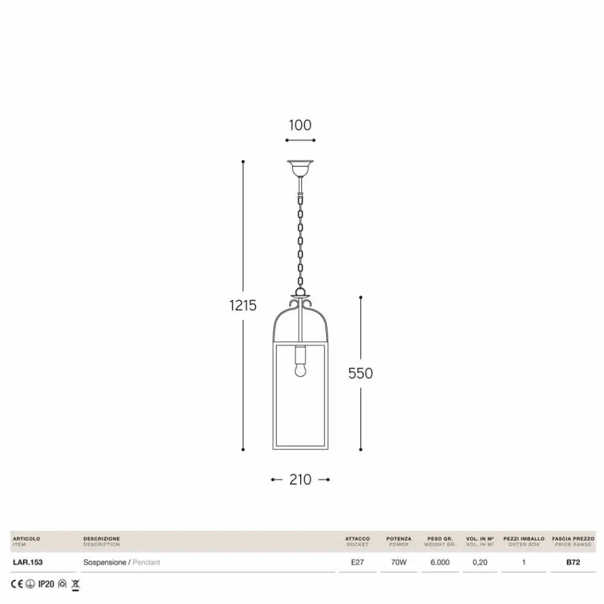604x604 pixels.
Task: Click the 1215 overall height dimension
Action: tap(243, 305)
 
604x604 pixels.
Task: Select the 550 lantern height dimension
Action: tap(360, 373)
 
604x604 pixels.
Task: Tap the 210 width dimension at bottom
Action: tap(300, 479)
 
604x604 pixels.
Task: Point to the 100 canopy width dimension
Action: tap(300, 125)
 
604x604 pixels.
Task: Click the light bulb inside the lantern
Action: tap(300, 367)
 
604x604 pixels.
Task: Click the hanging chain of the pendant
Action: tap(300, 235)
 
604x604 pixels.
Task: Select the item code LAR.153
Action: tap(27, 562)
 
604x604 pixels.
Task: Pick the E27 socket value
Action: tap(357, 562)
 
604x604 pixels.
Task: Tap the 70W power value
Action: tap(399, 562)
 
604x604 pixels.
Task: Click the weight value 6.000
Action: tap(440, 562)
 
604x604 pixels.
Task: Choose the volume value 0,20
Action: tap(480, 562)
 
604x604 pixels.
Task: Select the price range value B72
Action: tap(573, 562)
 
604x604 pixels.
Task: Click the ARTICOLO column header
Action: tap(26, 539)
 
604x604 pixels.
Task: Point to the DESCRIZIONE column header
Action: tap(101, 539)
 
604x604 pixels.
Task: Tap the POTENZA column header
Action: tap(399, 539)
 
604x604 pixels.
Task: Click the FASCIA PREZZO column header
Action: tap(573, 539)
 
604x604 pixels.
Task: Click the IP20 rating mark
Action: tap(46, 584)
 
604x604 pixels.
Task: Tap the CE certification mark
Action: tap(17, 584)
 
